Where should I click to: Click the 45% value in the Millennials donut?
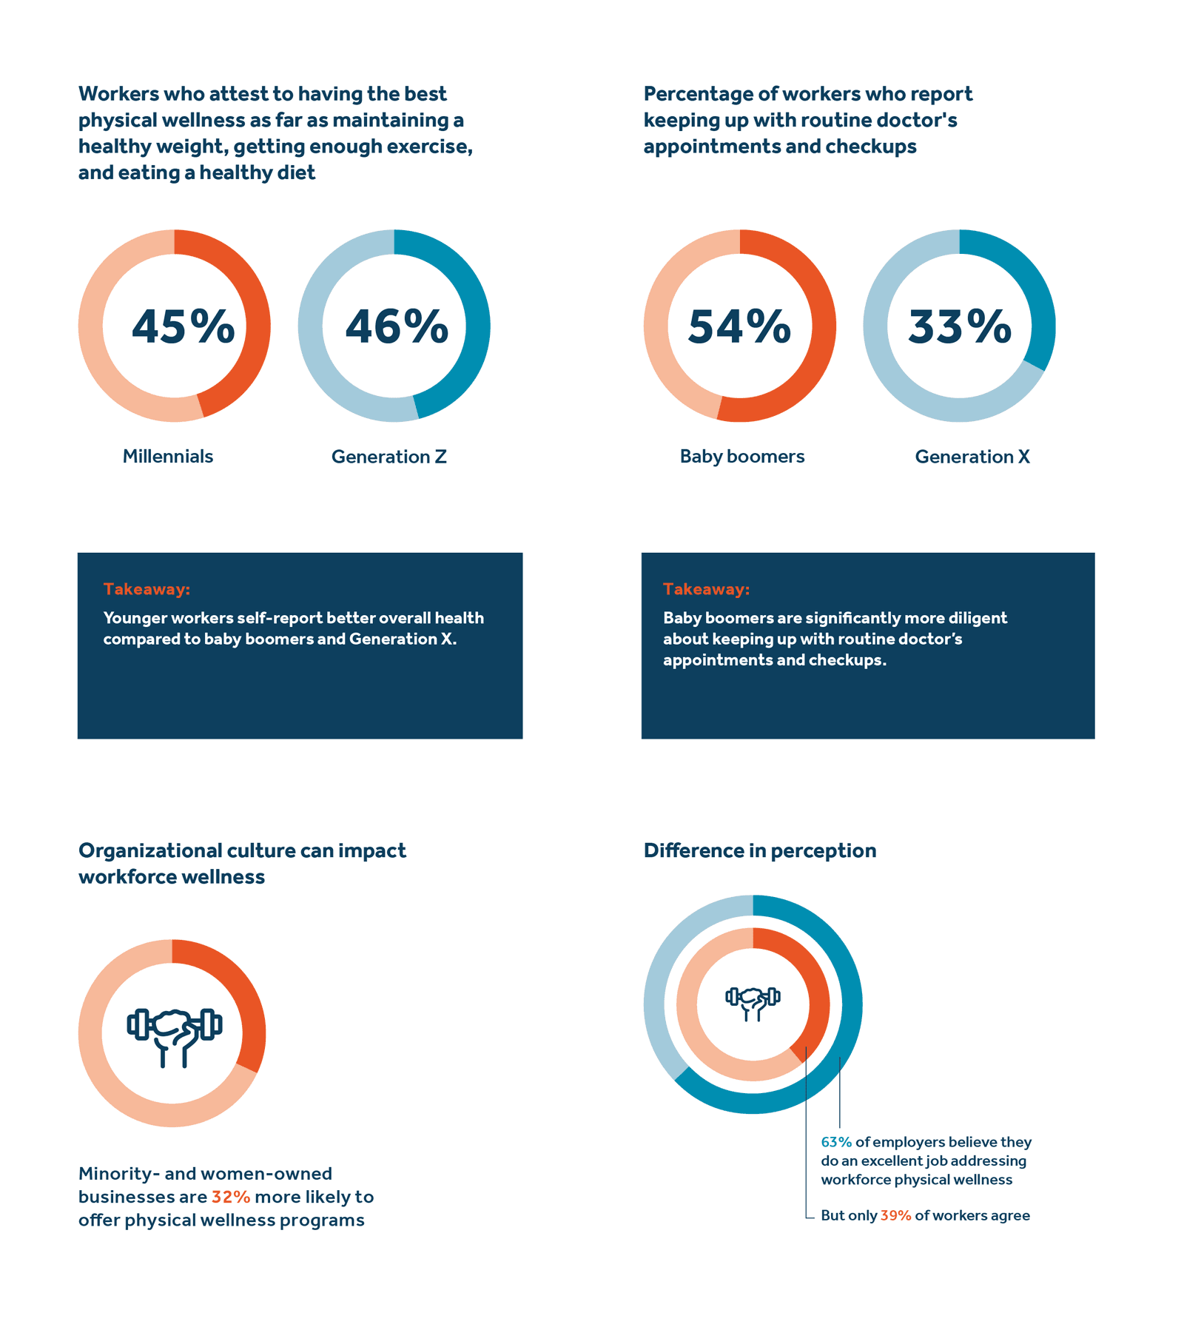(183, 326)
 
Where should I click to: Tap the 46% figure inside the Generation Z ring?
(397, 326)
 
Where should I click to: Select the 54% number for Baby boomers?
(739, 326)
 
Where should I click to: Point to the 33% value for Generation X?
(960, 326)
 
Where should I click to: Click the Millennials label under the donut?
(168, 457)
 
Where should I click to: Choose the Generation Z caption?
(389, 457)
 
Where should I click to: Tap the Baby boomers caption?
(742, 457)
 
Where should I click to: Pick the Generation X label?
(972, 457)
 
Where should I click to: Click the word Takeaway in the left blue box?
(147, 589)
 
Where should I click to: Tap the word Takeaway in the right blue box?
(706, 589)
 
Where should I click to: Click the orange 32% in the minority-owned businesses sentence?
(231, 1197)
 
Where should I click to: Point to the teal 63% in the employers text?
(836, 1142)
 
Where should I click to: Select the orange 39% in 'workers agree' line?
(895, 1215)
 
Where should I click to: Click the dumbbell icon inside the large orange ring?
(175, 1035)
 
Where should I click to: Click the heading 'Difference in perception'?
(760, 850)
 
